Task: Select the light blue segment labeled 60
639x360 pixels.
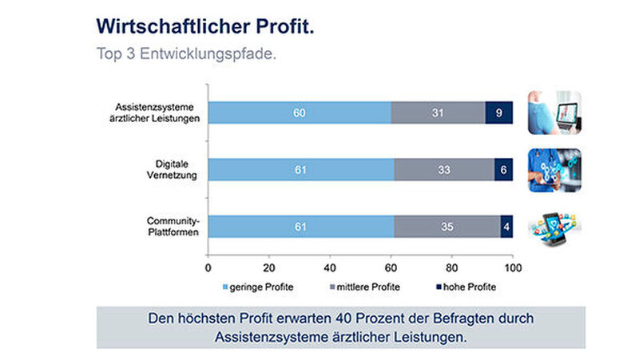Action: click(300, 113)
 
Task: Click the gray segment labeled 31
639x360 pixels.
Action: click(439, 113)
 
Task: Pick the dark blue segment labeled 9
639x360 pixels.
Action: click(499, 113)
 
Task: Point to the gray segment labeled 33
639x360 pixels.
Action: click(444, 170)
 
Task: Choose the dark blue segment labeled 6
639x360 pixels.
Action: click(503, 170)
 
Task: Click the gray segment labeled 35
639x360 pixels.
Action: click(447, 227)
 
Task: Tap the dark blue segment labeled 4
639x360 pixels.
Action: click(506, 227)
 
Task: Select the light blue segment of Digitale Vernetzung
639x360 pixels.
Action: click(301, 170)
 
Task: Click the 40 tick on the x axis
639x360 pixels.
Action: click(330, 267)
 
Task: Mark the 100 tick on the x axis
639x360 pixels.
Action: click(512, 267)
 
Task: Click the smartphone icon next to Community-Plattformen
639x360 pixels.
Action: click(554, 227)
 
